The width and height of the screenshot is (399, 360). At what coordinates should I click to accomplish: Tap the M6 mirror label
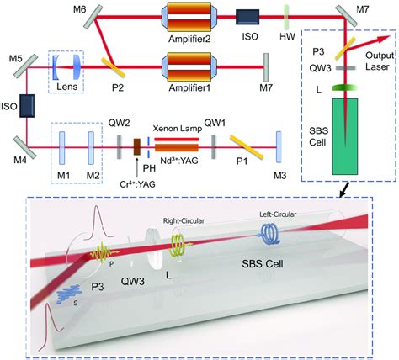78,8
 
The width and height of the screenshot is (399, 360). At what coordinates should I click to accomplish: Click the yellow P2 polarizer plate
111,62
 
